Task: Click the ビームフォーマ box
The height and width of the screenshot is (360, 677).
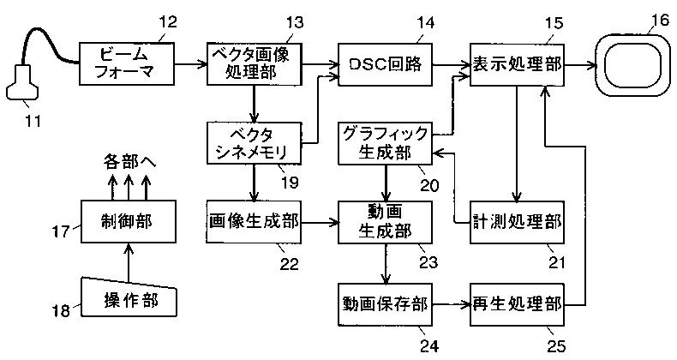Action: click(x=127, y=63)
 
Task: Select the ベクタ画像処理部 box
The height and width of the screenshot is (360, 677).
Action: click(x=255, y=63)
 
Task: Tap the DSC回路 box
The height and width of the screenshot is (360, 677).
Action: click(x=385, y=64)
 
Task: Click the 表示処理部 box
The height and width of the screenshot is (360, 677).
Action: click(x=517, y=64)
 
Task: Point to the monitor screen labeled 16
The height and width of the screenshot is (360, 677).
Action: click(x=632, y=64)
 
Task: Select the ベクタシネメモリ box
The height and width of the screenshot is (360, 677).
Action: click(x=255, y=143)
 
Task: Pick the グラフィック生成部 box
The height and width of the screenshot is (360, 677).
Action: click(x=385, y=143)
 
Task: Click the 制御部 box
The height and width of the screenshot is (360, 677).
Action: click(x=129, y=221)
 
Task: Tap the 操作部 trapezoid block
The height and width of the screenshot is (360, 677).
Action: click(x=129, y=297)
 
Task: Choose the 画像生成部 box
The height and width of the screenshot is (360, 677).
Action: click(x=254, y=221)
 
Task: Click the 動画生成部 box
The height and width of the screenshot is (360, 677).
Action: click(x=385, y=222)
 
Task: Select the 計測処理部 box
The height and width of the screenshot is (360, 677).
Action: click(x=517, y=222)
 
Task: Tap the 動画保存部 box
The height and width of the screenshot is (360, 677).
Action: click(x=385, y=304)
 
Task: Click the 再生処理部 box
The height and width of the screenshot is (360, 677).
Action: click(x=517, y=304)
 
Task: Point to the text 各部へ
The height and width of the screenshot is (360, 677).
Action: click(x=129, y=162)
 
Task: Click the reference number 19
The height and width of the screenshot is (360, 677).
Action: click(x=290, y=182)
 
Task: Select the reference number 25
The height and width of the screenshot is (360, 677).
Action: click(x=556, y=345)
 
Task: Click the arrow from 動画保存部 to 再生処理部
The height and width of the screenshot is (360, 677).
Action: click(x=451, y=304)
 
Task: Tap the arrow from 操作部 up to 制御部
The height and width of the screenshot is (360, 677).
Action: click(x=129, y=261)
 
